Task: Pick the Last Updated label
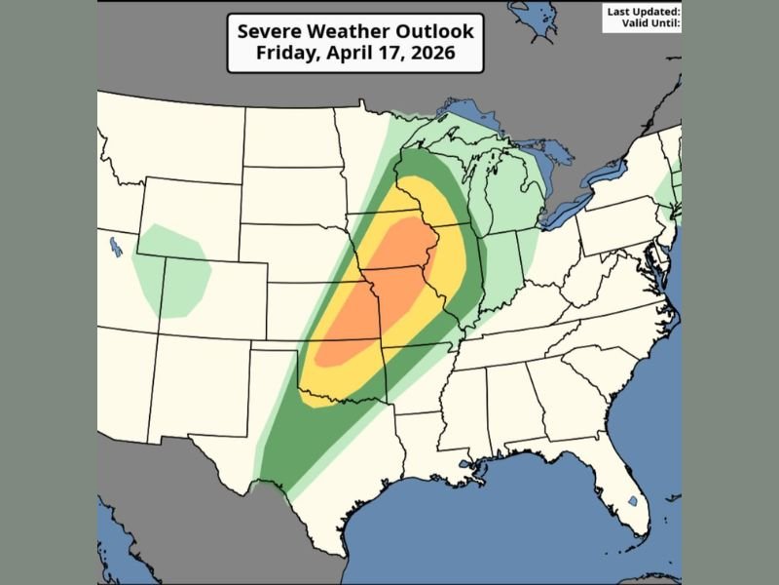643,11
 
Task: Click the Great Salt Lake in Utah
116,247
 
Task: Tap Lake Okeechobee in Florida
633,501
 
